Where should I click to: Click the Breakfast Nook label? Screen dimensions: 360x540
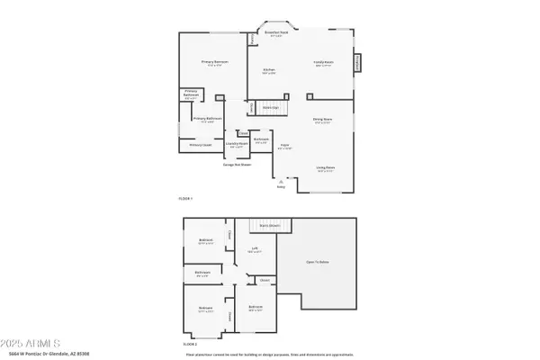pyautogui.click(x=274, y=33)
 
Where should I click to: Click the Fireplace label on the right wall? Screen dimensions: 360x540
pyautogui.click(x=358, y=62)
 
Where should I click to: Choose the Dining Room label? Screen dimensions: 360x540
pyautogui.click(x=323, y=121)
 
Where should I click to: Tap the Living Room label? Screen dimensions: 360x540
pyautogui.click(x=325, y=167)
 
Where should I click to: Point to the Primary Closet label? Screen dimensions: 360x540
pyautogui.click(x=199, y=144)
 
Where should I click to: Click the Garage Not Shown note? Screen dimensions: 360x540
pyautogui.click(x=238, y=165)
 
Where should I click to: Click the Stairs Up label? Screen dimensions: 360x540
pyautogui.click(x=269, y=107)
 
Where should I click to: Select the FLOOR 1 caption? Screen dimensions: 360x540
pyautogui.click(x=185, y=198)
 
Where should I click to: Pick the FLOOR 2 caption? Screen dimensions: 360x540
pyautogui.click(x=189, y=344)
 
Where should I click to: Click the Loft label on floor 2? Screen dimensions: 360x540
pyautogui.click(x=256, y=250)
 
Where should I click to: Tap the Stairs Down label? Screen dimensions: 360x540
pyautogui.click(x=268, y=225)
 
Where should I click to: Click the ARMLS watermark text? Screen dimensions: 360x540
pyautogui.click(x=31, y=344)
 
